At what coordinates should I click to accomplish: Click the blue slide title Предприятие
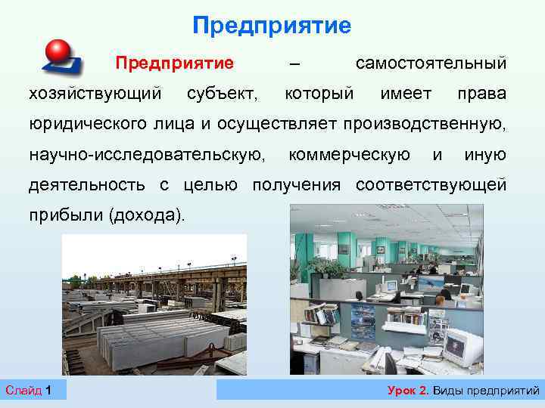click(272, 26)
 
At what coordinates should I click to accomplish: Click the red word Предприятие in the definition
click(173, 61)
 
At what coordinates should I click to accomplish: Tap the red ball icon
click(58, 51)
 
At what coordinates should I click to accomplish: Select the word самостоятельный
click(431, 61)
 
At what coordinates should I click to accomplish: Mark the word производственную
click(425, 124)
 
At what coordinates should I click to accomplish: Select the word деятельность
click(88, 185)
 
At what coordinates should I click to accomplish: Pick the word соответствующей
click(431, 185)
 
